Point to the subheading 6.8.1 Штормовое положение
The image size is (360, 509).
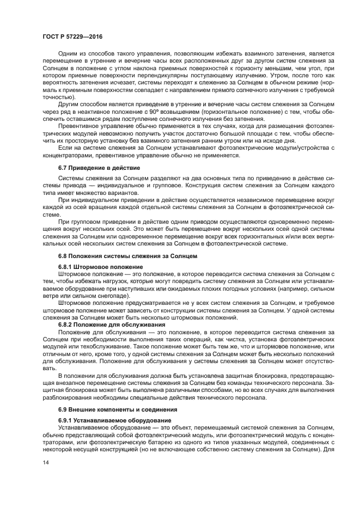coord(101,267)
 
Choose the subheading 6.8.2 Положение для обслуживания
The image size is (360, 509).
coord(108,324)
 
